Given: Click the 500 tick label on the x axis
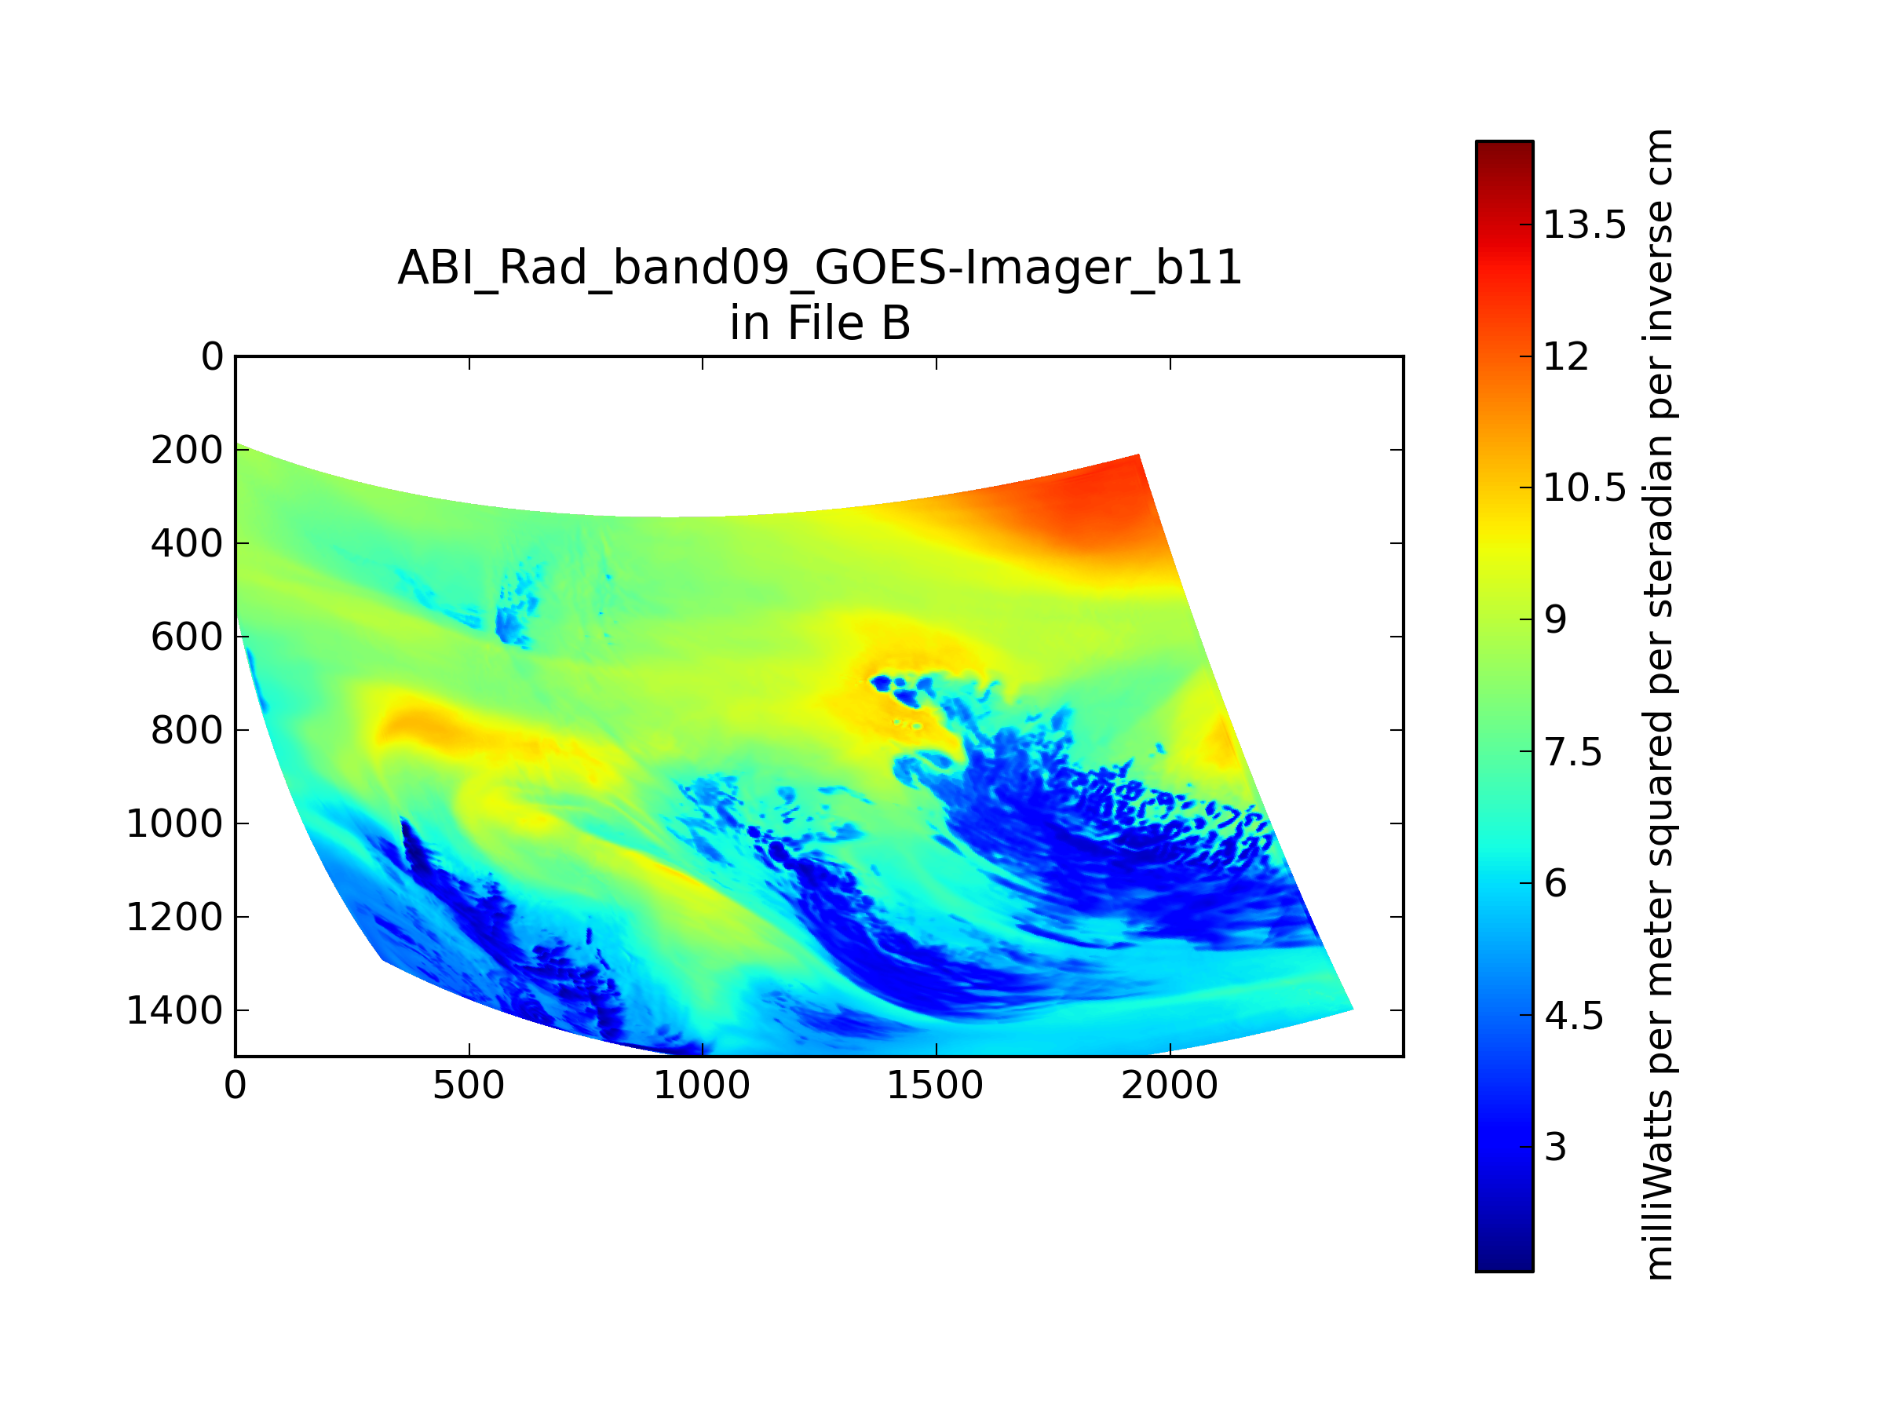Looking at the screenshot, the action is [469, 1085].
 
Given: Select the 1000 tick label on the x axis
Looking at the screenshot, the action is [702, 1085].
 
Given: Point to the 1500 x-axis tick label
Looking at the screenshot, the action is [935, 1085].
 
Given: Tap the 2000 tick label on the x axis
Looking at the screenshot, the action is [1170, 1085].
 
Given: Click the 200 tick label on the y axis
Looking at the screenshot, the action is [188, 450].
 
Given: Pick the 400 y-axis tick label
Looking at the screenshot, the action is [188, 543].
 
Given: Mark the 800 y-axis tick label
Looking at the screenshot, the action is [188, 730].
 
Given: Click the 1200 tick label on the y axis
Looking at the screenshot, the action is [174, 918].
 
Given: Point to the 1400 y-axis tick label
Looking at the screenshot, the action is [174, 1010].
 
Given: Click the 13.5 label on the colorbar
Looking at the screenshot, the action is [1585, 225].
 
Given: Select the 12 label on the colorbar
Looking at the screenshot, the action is [1566, 356].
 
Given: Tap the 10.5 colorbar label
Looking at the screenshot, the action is [1585, 488].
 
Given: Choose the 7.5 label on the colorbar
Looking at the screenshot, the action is [1573, 752].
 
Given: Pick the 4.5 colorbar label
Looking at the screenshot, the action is [1573, 1015].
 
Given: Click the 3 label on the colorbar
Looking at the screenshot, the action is [1555, 1147].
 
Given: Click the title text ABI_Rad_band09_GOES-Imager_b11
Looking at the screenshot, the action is [820, 268].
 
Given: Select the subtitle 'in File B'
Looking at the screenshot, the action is [820, 323].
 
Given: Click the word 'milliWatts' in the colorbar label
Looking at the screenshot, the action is [1657, 1184].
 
